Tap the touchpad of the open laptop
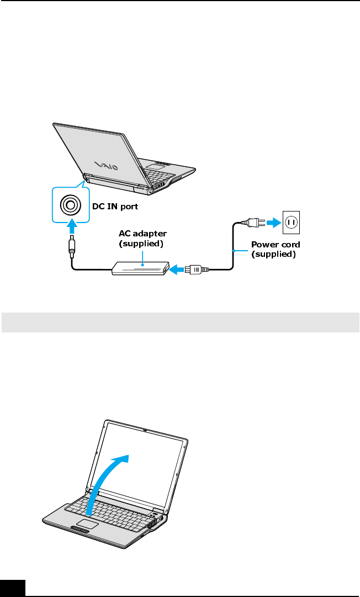[x=87, y=523]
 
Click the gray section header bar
[x=180, y=323]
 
